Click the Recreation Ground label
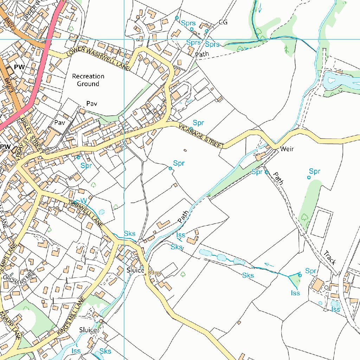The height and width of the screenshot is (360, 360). pyautogui.click(x=88, y=80)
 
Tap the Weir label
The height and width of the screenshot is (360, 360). pyautogui.click(x=287, y=149)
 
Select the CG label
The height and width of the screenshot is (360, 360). pyautogui.click(x=223, y=22)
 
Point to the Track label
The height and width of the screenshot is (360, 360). pyautogui.click(x=330, y=258)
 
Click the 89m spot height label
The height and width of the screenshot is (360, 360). pyautogui.click(x=154, y=273)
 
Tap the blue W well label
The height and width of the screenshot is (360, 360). pyautogui.click(x=84, y=200)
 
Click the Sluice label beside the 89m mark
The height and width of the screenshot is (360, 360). pyautogui.click(x=135, y=270)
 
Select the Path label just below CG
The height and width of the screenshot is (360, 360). pyautogui.click(x=202, y=54)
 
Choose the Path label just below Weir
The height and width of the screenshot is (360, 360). pyautogui.click(x=278, y=178)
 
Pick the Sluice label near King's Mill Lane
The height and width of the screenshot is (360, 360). pyautogui.click(x=88, y=330)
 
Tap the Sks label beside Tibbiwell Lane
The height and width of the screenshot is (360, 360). pyautogui.click(x=129, y=234)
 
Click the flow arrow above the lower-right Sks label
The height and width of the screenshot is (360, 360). pyautogui.click(x=269, y=265)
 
